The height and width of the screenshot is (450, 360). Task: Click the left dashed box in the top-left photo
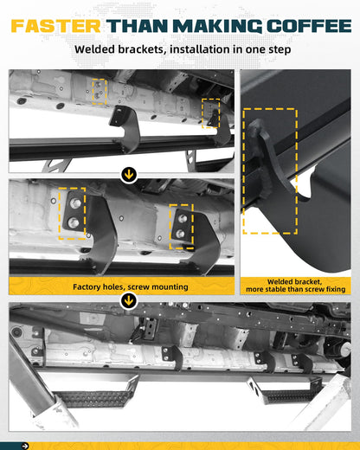(100, 91)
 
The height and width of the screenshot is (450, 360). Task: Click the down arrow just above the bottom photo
(130, 301)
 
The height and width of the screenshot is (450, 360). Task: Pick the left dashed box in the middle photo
(72, 214)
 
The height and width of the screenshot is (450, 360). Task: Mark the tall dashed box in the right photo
(270, 170)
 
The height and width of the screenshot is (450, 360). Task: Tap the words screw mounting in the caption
(152, 286)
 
